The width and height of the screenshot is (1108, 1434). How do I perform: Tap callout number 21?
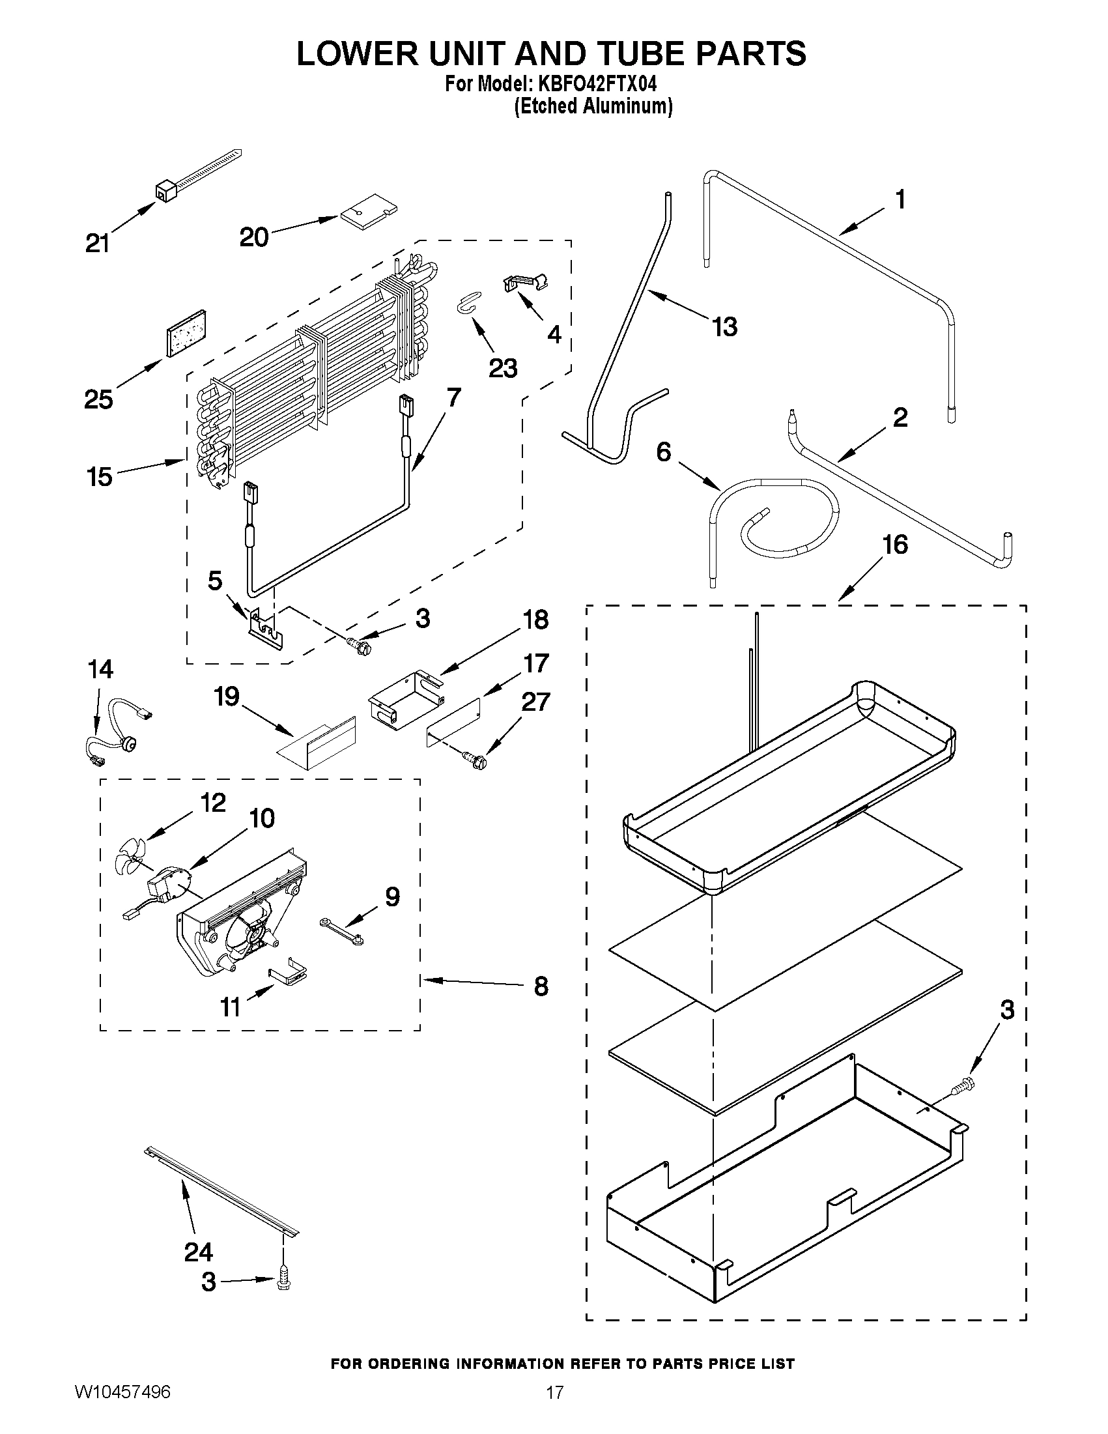[x=98, y=244]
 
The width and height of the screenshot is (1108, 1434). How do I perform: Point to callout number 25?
[x=98, y=399]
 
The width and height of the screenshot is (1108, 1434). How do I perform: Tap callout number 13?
[x=725, y=326]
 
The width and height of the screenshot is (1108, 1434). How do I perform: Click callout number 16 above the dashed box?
[x=894, y=544]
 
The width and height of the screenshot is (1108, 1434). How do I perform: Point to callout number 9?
[x=392, y=896]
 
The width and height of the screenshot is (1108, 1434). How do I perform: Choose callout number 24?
[x=198, y=1252]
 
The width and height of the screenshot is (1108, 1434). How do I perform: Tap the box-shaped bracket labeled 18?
[x=405, y=700]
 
